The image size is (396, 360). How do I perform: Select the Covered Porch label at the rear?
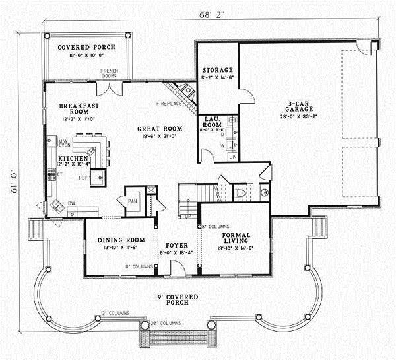tap(86, 48)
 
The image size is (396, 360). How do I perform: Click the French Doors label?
tap(109, 73)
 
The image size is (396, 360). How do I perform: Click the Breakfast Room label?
tap(73, 109)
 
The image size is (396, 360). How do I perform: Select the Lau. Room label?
tap(211, 120)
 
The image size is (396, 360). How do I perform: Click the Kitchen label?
tap(69, 159)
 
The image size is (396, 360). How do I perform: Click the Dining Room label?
tap(116, 240)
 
